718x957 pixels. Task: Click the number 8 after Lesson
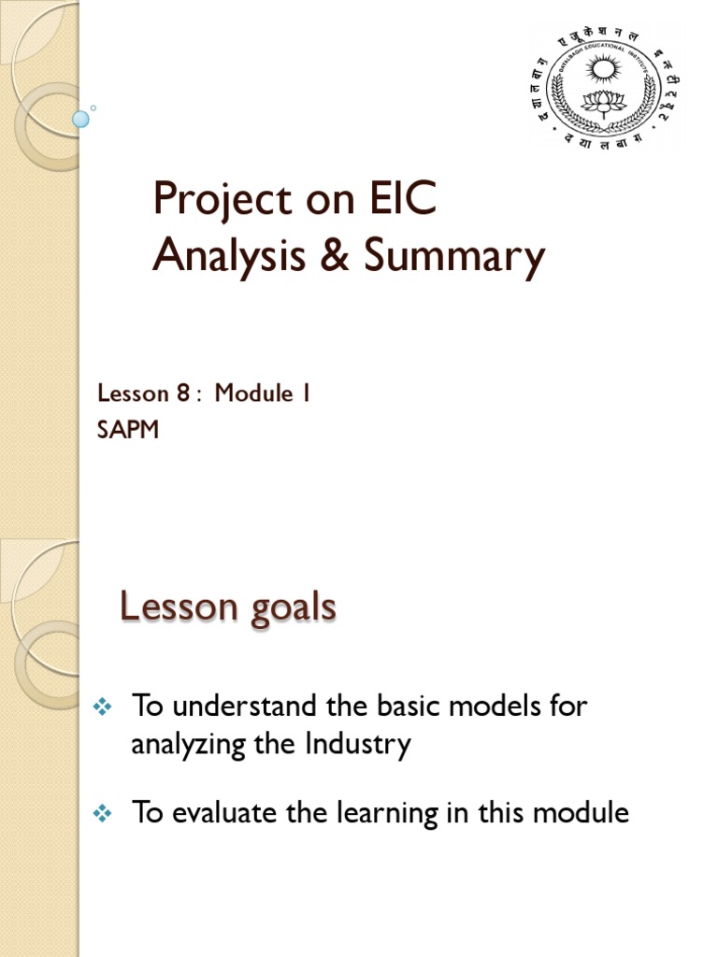[183, 393]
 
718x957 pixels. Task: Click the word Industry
[358, 745]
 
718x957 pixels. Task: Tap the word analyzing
[189, 747]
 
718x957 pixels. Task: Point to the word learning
[421, 814]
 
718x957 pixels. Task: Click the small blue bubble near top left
[81, 119]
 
